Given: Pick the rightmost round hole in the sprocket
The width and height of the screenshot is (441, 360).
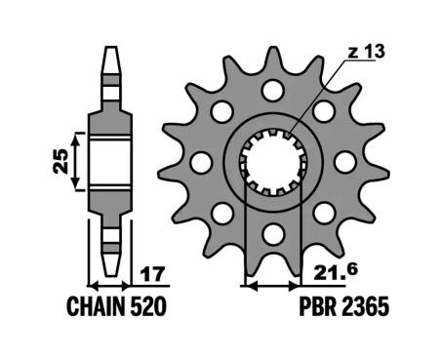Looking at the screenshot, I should (x=346, y=160).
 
